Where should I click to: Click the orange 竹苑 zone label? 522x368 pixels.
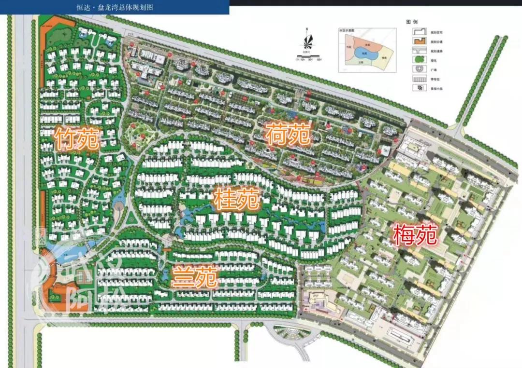77,138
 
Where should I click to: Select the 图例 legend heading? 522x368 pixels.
412,22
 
